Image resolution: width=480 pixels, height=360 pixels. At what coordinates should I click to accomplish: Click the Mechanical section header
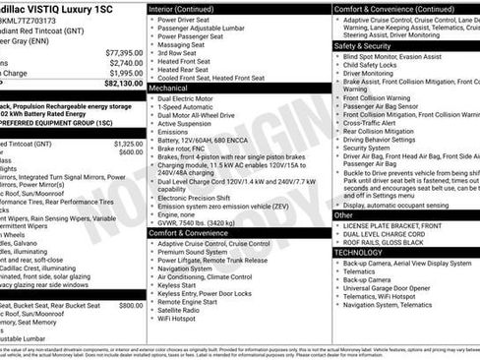click(x=168, y=88)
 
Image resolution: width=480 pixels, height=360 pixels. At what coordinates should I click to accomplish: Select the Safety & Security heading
click(x=363, y=45)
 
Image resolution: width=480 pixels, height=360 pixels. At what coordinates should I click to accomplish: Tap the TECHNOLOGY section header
click(x=358, y=253)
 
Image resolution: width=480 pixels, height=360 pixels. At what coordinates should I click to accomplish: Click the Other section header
click(x=344, y=214)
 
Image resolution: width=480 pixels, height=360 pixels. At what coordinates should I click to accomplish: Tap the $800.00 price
click(x=131, y=306)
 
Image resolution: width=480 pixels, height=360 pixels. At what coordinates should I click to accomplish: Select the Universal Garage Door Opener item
click(x=397, y=288)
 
